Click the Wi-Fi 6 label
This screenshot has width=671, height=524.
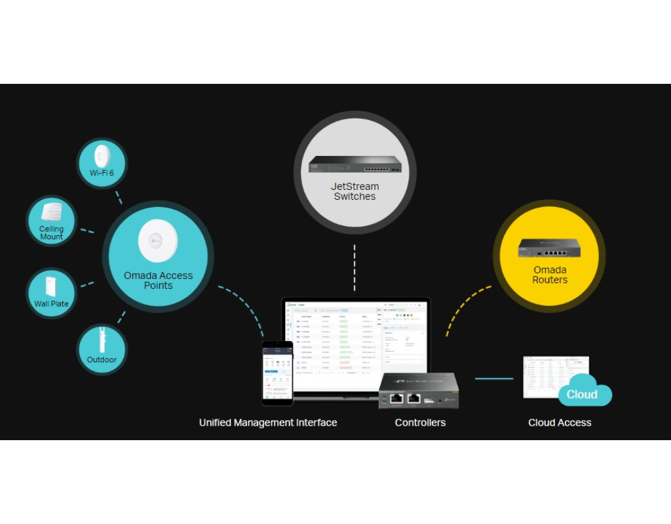click(x=102, y=173)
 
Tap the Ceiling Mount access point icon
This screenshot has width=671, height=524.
click(x=51, y=212)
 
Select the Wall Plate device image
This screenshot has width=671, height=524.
click(x=51, y=286)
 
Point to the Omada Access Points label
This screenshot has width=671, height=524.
click(x=158, y=280)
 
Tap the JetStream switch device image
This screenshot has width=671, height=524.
click(x=355, y=164)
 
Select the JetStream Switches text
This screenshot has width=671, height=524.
click(x=355, y=191)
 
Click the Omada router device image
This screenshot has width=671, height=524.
click(x=549, y=247)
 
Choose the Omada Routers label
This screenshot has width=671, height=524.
click(x=549, y=275)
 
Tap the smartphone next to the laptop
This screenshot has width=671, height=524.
click(x=277, y=372)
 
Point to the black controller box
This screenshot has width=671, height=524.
click(x=419, y=390)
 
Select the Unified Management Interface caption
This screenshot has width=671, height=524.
click(x=268, y=423)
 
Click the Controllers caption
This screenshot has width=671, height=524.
click(x=420, y=423)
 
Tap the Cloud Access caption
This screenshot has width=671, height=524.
click(x=560, y=423)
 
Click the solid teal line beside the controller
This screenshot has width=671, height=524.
click(x=494, y=379)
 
